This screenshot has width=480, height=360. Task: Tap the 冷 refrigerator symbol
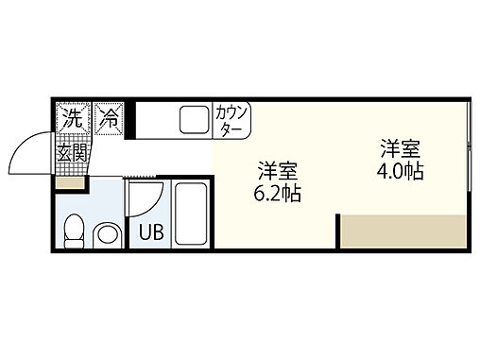(x=111, y=118)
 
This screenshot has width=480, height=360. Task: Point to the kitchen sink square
(x=194, y=119)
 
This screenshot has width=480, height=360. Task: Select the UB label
(x=150, y=230)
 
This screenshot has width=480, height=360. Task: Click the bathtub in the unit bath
(x=192, y=214)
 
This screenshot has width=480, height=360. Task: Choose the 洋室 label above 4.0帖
(x=401, y=149)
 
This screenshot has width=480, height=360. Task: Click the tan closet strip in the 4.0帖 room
(x=403, y=231)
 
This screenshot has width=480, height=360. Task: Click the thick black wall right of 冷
(x=131, y=118)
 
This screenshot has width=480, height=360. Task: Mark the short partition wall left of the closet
(x=337, y=231)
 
